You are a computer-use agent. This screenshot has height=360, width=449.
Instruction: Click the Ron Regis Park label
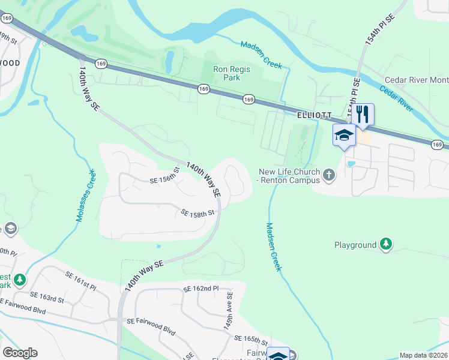click(231, 73)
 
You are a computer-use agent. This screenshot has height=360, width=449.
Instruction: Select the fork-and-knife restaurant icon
click(363, 114)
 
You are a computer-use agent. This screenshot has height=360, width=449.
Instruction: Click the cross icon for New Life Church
click(328, 175)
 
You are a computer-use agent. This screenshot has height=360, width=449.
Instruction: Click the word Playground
click(355, 245)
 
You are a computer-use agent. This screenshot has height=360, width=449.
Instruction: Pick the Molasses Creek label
click(85, 196)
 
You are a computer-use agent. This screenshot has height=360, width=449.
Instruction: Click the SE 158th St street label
click(197, 213)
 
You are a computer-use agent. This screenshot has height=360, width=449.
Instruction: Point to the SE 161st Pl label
click(81, 279)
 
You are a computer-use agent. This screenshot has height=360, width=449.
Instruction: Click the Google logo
click(20, 353)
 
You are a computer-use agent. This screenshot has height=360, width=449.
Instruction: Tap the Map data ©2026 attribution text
click(423, 355)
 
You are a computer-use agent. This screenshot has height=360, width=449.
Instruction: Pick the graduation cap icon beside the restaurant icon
click(344, 135)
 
